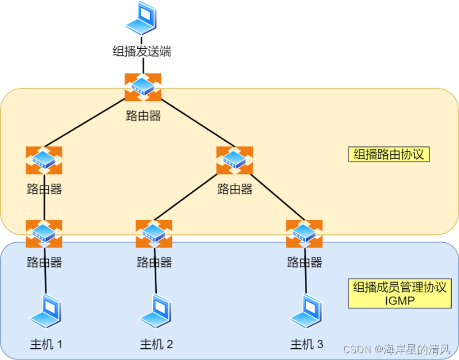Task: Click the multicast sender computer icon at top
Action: click(141, 19)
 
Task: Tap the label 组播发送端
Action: click(142, 52)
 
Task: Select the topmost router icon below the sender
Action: click(143, 87)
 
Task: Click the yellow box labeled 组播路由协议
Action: click(388, 154)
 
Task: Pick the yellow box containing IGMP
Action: click(399, 294)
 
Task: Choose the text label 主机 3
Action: click(306, 344)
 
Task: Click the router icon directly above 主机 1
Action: click(44, 234)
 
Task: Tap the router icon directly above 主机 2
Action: click(154, 234)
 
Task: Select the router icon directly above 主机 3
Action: click(304, 234)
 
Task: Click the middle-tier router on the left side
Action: click(44, 160)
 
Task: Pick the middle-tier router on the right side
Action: click(234, 160)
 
